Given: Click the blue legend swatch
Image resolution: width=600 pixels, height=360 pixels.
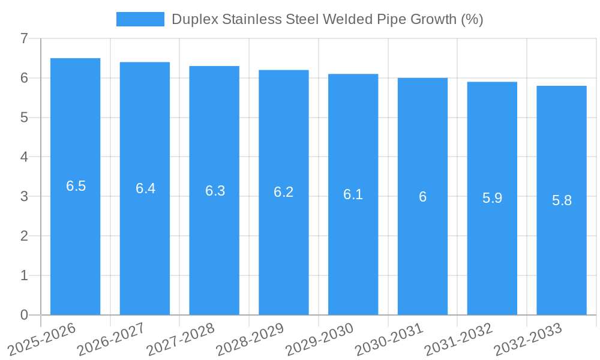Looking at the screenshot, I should [140, 19].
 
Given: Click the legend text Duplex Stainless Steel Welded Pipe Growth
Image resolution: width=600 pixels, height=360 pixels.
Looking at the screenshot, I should [327, 19].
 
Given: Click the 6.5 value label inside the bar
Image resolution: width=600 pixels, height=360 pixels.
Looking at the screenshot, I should [76, 186].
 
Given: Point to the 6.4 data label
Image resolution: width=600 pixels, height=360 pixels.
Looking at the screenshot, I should [145, 188].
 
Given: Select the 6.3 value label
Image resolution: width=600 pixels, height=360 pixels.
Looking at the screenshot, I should [215, 191].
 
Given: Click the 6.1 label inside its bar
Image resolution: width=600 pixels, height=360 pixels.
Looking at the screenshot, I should [353, 194].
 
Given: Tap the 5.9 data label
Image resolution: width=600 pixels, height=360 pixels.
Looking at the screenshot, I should [492, 198].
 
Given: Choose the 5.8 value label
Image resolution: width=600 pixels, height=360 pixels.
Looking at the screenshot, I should [562, 200].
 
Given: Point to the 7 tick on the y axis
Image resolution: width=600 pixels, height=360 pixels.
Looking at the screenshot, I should [24, 38].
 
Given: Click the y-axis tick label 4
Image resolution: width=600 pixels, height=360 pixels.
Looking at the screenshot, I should [24, 157].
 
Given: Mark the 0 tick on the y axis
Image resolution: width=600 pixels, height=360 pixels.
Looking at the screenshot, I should [24, 315].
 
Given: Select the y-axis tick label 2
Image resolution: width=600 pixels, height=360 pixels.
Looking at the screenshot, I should [24, 236].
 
